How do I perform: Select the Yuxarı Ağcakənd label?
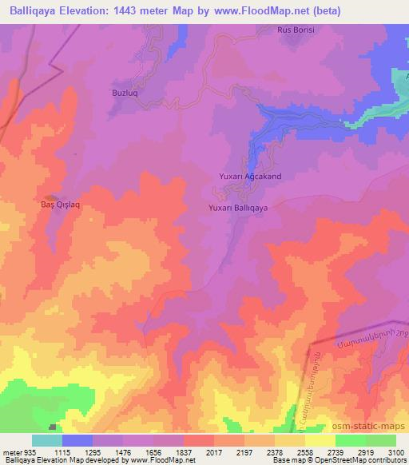(x=250, y=176)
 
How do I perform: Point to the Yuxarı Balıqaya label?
(x=237, y=207)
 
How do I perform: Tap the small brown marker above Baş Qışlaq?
(x=50, y=197)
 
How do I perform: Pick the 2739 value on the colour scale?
(x=322, y=452)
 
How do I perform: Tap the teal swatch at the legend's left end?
(x=46, y=440)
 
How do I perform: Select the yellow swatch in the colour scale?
(x=320, y=440)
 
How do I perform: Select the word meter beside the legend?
(x=11, y=452)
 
